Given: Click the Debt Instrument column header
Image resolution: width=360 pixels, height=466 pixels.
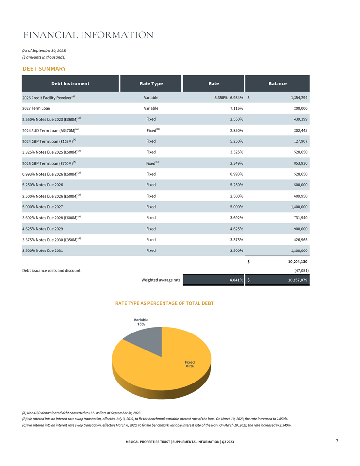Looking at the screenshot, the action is pyautogui.click(x=70, y=83).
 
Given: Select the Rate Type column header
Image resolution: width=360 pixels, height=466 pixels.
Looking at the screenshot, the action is pyautogui.click(x=151, y=83).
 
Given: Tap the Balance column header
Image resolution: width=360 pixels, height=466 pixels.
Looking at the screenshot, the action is pyautogui.click(x=278, y=83).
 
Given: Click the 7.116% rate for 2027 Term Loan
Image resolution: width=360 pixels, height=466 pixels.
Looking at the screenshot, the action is pyautogui.click(x=236, y=108).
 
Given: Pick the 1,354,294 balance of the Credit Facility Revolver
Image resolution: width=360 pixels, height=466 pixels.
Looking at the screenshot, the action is pyautogui.click(x=299, y=98).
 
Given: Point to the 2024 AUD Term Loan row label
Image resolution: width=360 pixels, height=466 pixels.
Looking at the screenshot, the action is pyautogui.click(x=50, y=130).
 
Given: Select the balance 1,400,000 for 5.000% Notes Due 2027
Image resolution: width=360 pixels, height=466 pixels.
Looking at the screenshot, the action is pyautogui.click(x=299, y=207).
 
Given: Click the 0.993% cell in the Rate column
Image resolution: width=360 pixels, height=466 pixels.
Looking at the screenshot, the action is pyautogui.click(x=236, y=174).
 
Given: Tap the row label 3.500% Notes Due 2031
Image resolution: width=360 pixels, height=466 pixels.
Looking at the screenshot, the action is pyautogui.click(x=43, y=250).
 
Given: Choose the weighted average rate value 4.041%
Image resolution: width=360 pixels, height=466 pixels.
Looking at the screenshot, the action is pyautogui.click(x=236, y=280).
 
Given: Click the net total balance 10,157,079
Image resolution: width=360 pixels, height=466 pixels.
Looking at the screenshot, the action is pyautogui.click(x=297, y=280).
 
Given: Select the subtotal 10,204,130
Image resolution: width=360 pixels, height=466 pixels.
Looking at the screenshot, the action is pyautogui.click(x=297, y=262).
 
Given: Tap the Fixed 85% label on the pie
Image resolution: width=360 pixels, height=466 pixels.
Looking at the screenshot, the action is pyautogui.click(x=190, y=364).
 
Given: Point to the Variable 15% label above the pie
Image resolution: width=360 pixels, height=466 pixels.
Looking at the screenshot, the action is pyautogui.click(x=141, y=322).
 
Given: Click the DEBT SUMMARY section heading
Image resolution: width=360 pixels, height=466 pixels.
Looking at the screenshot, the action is pyautogui.click(x=44, y=68).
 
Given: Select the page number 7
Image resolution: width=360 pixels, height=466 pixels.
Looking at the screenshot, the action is pyautogui.click(x=337, y=441).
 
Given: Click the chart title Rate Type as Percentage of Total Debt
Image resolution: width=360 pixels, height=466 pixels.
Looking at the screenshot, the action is pyautogui.click(x=164, y=303).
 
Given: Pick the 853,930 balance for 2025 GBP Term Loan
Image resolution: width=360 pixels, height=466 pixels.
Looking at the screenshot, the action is pyautogui.click(x=301, y=163).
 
